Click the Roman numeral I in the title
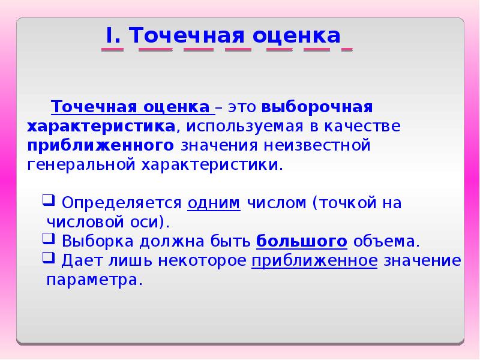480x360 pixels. point(110,35)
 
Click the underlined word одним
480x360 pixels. point(214,203)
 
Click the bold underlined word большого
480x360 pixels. point(302,241)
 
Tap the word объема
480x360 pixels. point(385,241)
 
